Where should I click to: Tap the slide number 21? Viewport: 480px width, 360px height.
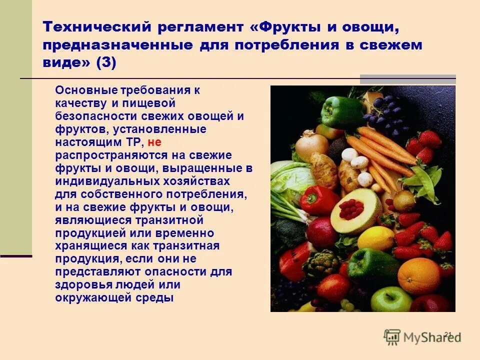coord(447,334)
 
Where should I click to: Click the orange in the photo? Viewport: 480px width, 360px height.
coord(419,275)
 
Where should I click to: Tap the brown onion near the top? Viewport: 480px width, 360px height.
coord(311,145)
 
